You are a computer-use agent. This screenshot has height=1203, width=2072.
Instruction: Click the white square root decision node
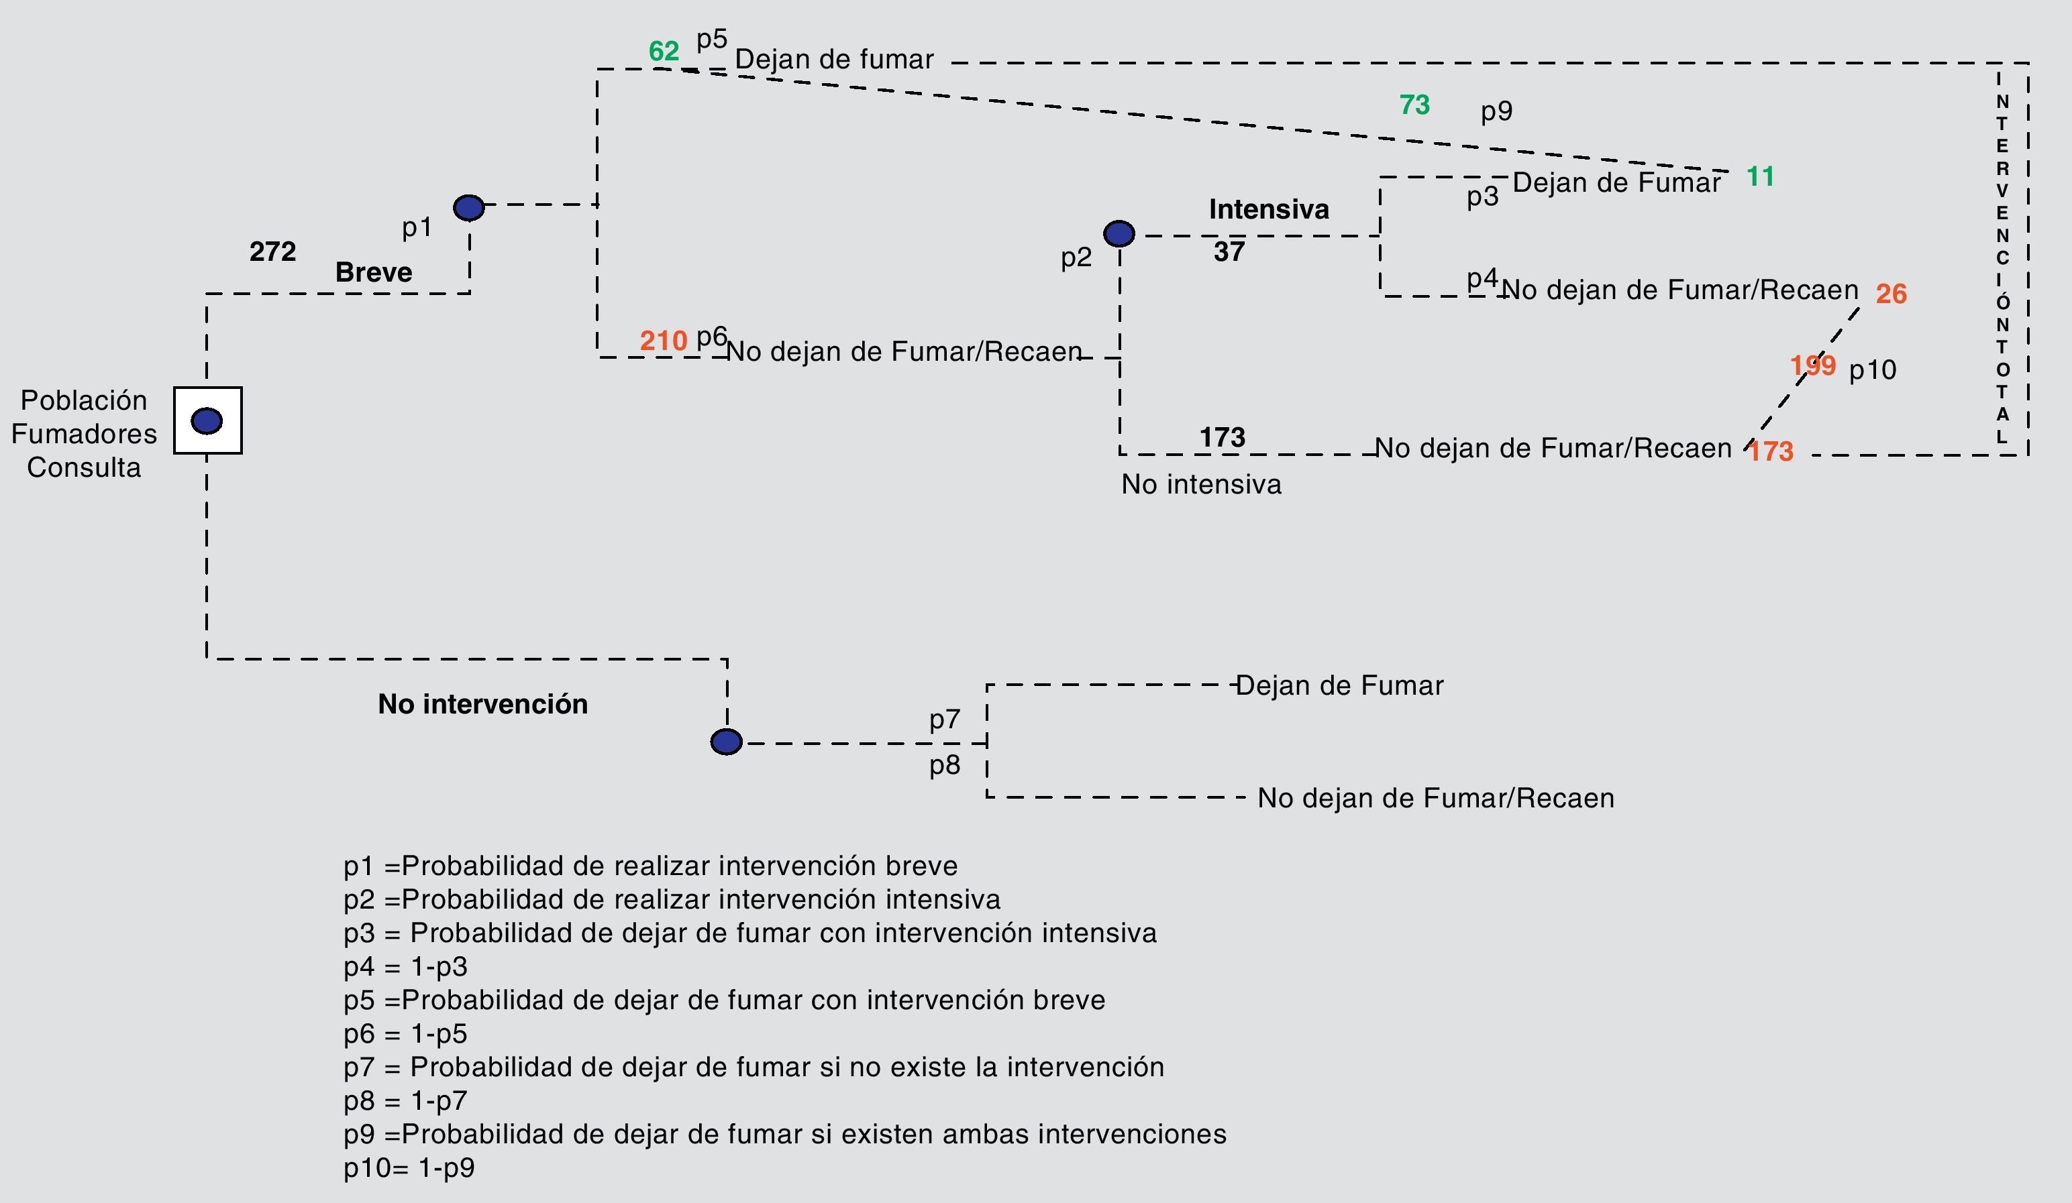click(207, 420)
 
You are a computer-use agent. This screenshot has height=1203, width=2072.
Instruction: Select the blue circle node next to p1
click(468, 208)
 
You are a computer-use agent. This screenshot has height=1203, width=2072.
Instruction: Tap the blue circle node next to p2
click(1119, 234)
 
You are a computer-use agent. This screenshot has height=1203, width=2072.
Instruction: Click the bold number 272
click(272, 251)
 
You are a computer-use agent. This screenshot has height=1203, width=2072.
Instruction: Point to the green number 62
click(664, 52)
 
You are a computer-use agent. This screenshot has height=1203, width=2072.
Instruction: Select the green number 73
click(1414, 105)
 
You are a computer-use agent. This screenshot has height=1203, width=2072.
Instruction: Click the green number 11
click(1759, 176)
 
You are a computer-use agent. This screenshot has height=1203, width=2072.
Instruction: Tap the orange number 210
click(663, 340)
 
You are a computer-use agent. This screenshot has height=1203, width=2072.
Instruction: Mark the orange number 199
click(1812, 365)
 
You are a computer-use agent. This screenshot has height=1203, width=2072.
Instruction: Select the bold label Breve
click(373, 272)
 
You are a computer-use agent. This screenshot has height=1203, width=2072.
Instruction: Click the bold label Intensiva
click(1269, 209)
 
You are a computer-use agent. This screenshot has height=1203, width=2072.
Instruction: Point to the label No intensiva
click(1201, 485)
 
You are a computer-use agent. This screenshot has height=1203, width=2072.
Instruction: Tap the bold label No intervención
click(482, 704)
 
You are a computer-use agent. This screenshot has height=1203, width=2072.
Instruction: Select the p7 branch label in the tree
click(945, 720)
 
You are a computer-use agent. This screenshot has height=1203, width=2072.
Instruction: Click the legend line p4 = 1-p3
click(405, 967)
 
